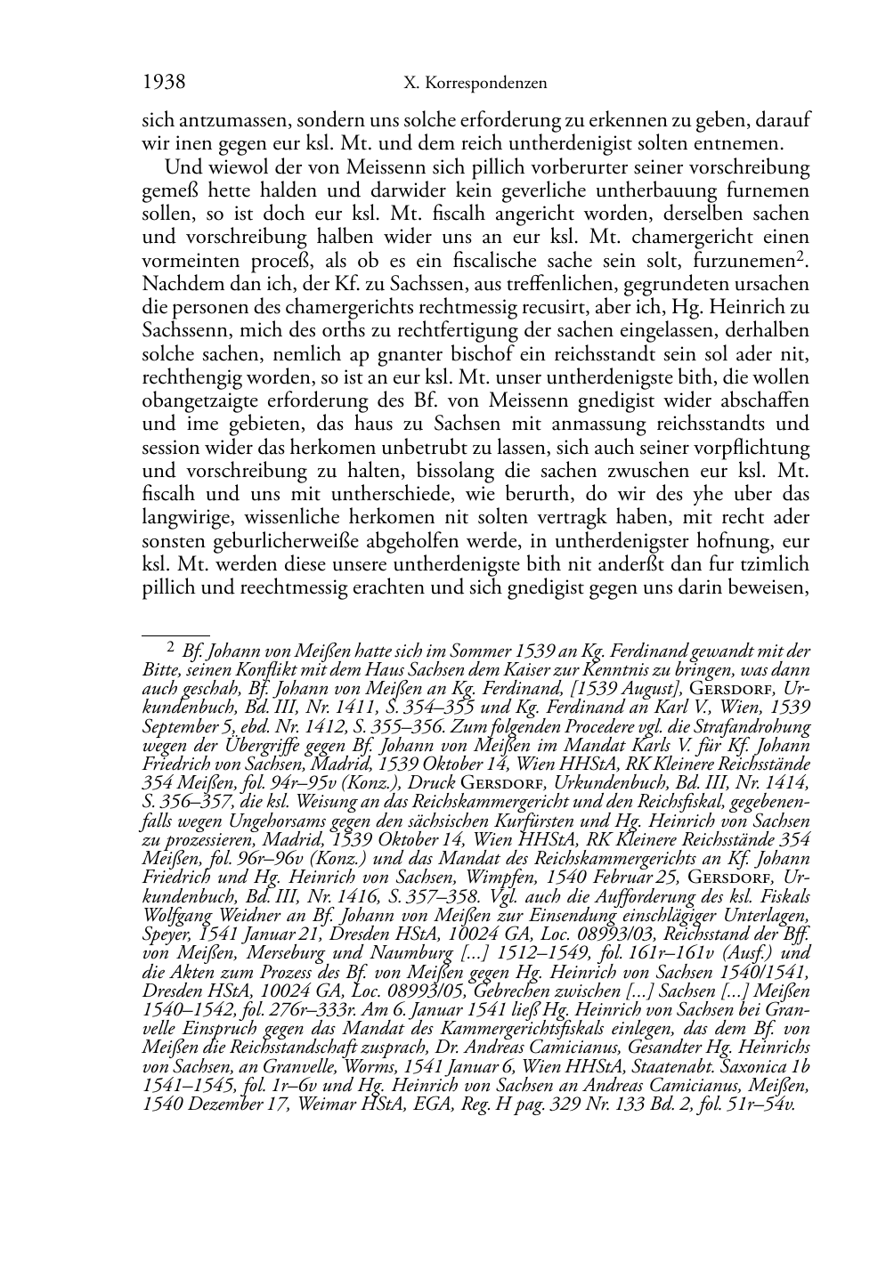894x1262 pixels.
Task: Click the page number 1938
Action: pos(163,83)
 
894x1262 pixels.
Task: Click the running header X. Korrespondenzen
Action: pos(475,84)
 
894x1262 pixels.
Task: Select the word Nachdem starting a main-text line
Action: pos(174,284)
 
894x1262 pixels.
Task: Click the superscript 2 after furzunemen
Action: pos(801,256)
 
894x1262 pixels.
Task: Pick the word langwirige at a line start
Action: pos(181,517)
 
